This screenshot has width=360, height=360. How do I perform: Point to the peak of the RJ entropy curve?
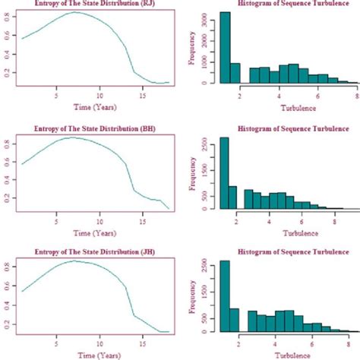[74, 12]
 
